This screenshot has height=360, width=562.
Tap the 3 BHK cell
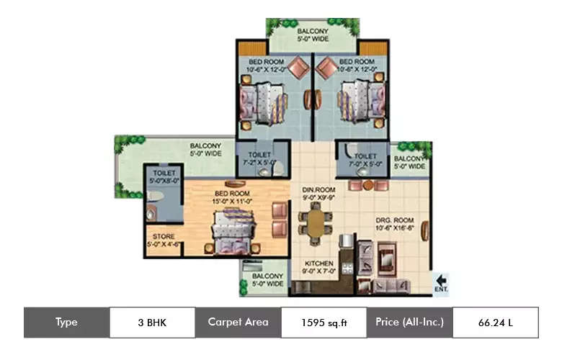point(152,323)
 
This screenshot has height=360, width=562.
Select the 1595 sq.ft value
point(324,323)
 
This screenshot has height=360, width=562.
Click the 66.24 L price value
point(495,323)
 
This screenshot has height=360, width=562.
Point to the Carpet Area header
point(238,322)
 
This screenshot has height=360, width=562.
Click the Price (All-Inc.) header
point(409,322)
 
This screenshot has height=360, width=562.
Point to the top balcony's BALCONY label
point(313,31)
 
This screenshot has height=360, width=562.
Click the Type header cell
point(66,322)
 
